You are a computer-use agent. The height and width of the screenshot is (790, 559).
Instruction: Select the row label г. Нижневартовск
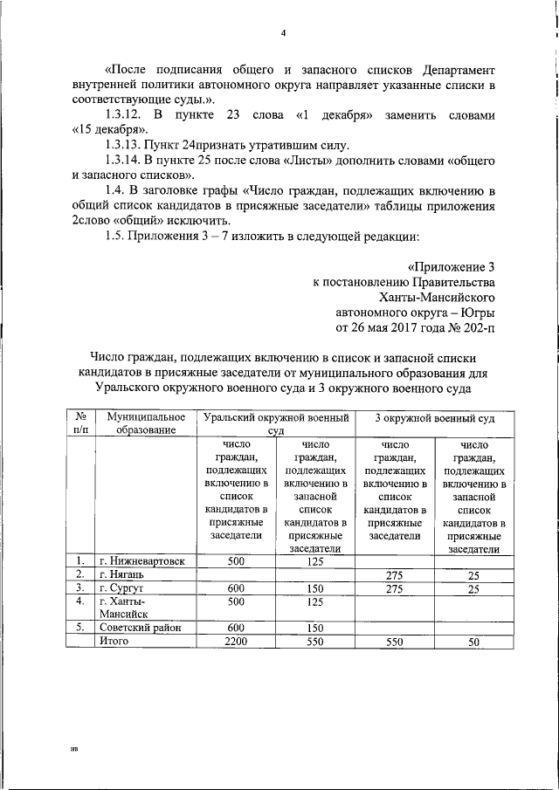click(141, 561)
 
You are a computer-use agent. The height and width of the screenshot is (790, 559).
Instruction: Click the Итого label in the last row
click(114, 641)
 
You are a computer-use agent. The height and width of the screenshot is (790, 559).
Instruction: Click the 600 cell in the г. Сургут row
click(236, 588)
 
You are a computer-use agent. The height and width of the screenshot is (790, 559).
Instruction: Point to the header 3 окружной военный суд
click(434, 418)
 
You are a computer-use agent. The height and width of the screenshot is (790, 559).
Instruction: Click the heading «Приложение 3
click(452, 267)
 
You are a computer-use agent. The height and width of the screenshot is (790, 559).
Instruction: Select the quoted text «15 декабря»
click(109, 129)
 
